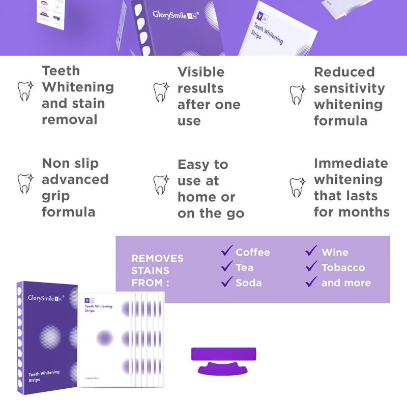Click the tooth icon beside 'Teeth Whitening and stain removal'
point(25,89)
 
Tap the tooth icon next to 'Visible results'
point(161,92)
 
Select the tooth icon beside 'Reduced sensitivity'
point(298,95)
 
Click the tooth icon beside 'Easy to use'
point(161,184)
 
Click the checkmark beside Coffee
point(226,251)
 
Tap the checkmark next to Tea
point(226,266)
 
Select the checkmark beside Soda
point(226,282)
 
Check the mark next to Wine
point(311,251)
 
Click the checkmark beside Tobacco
point(311,266)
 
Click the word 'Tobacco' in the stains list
point(343,267)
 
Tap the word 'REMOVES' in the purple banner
point(157,258)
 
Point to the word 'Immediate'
point(351,163)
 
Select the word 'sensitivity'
point(349,88)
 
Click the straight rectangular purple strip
point(223,354)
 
